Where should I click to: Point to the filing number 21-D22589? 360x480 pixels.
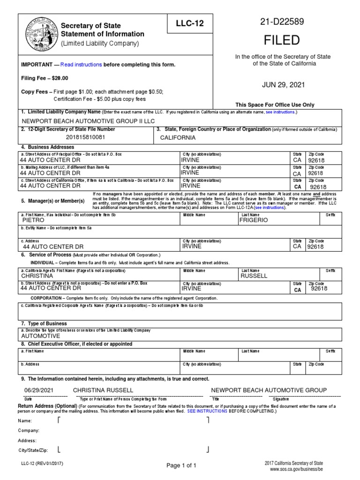[x=282, y=22]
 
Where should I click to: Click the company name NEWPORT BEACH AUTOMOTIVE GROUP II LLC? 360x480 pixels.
[x=88, y=120]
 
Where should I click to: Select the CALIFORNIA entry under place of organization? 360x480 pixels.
[x=178, y=138]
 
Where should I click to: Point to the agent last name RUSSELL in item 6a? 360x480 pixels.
[x=254, y=276]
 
